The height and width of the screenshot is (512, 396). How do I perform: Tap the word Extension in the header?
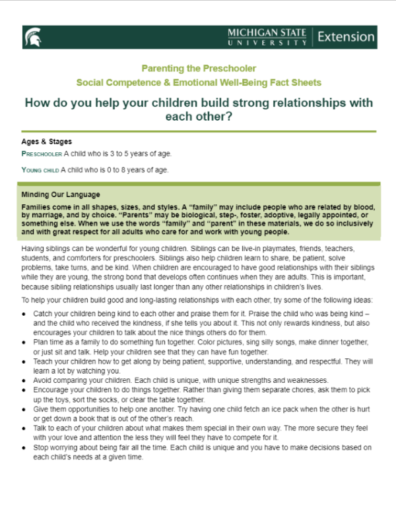[345, 37]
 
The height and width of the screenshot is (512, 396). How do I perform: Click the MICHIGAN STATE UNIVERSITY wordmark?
[267, 37]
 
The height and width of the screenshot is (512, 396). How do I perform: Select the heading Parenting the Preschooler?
[198, 69]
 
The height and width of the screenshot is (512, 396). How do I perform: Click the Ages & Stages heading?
[46, 142]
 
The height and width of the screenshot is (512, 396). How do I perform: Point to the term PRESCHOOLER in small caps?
[42, 154]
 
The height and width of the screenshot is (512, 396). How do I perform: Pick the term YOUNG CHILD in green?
[40, 170]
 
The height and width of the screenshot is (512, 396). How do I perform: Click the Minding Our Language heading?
[61, 195]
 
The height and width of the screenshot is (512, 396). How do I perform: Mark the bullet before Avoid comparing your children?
[25, 381]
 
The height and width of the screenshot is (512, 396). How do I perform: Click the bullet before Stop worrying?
[25, 447]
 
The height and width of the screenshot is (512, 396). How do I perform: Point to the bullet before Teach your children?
[25, 362]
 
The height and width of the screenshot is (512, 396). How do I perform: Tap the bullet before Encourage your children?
[25, 391]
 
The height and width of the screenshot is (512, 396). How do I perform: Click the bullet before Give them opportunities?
[25, 409]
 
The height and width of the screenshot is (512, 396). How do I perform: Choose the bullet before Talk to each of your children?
[25, 428]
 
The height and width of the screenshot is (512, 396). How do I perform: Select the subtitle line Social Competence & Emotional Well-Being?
[198, 83]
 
